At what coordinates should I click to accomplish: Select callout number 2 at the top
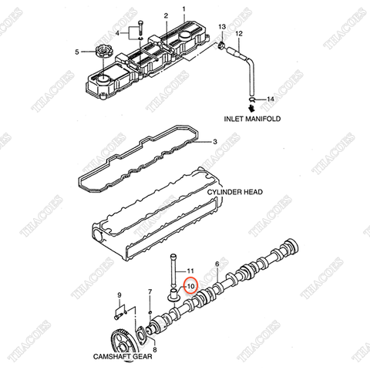(165, 15)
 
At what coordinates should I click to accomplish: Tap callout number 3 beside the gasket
(216, 141)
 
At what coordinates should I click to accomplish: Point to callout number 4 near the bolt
(118, 34)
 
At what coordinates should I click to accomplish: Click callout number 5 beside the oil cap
(77, 52)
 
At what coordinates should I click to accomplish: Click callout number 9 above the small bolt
(119, 295)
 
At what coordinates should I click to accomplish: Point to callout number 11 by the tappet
(193, 269)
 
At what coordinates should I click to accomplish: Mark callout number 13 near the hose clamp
(222, 28)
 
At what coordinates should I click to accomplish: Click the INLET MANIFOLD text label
(252, 119)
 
